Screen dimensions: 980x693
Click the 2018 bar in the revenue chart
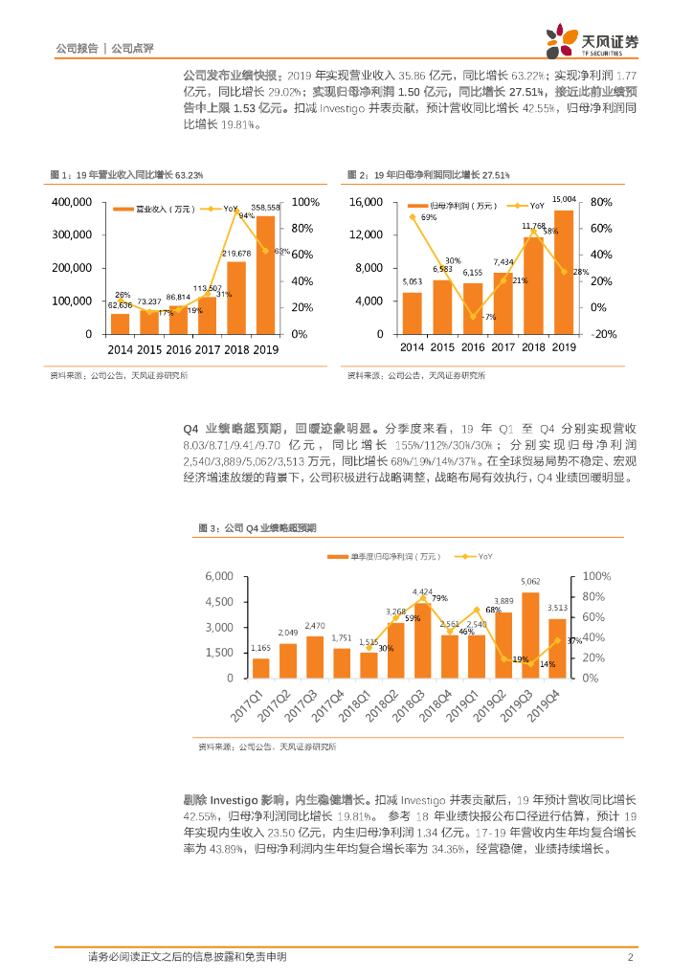[235, 297]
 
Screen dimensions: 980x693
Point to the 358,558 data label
[266, 207]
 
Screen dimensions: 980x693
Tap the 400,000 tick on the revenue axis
[72, 202]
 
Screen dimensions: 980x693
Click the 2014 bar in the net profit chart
[412, 313]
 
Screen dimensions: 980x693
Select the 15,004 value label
[564, 198]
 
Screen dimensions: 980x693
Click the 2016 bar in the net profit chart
[473, 308]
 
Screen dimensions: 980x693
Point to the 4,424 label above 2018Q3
[422, 592]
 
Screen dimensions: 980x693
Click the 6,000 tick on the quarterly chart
[219, 576]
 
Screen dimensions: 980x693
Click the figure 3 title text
[257, 527]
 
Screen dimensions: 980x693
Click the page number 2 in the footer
[631, 957]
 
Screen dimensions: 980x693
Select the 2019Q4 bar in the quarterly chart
[557, 648]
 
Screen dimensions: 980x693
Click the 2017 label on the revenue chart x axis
[207, 347]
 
